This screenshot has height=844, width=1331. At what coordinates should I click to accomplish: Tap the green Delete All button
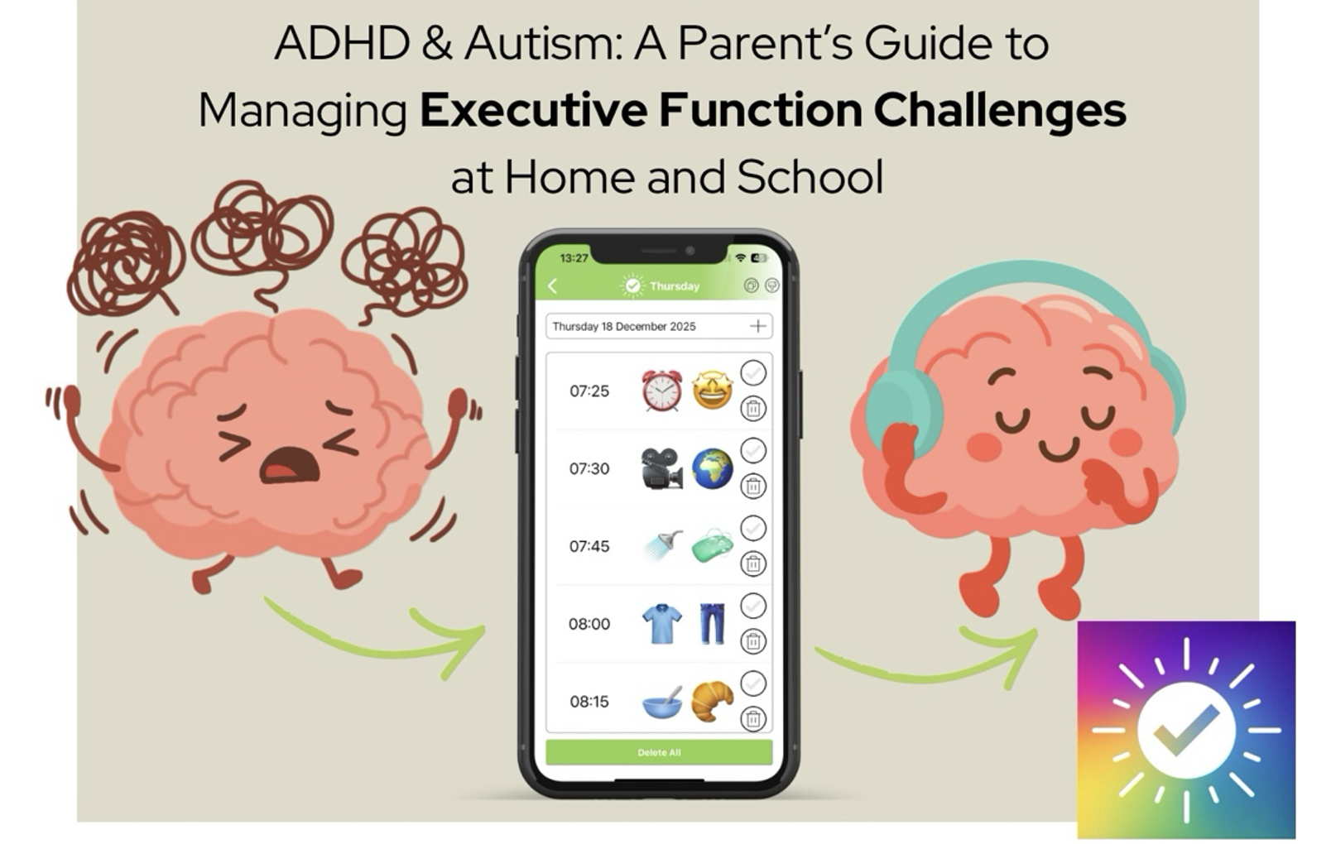click(x=659, y=752)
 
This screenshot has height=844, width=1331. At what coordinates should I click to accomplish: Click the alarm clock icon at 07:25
click(x=661, y=391)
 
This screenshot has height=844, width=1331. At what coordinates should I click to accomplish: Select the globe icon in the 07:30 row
click(x=713, y=468)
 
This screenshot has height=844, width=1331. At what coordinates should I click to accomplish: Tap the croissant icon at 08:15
click(x=713, y=701)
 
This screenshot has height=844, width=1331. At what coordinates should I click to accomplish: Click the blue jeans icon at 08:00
click(x=713, y=624)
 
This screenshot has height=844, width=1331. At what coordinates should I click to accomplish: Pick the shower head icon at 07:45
click(x=664, y=545)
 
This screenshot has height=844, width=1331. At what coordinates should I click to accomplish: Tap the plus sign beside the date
click(x=757, y=326)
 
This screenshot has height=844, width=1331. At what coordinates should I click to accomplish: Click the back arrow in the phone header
click(x=553, y=286)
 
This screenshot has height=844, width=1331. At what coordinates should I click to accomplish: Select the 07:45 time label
click(x=589, y=546)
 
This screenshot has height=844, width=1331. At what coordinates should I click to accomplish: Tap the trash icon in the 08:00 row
click(x=753, y=641)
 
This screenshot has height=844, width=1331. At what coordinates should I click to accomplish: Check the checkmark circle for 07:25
click(x=753, y=373)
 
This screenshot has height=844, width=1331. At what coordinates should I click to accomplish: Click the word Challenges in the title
click(x=999, y=112)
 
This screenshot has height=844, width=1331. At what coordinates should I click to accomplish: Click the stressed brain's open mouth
click(x=290, y=465)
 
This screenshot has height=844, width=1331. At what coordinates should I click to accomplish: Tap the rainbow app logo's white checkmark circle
click(x=1186, y=730)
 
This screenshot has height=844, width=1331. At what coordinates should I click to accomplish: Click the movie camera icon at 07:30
click(x=662, y=468)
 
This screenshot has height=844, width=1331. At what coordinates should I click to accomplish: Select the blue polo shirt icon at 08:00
click(x=662, y=624)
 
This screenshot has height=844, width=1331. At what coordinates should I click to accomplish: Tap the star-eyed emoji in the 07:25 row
click(x=713, y=391)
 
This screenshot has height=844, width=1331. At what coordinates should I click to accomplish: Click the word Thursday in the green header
click(x=675, y=286)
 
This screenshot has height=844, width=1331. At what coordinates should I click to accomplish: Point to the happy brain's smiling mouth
click(x=1061, y=449)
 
